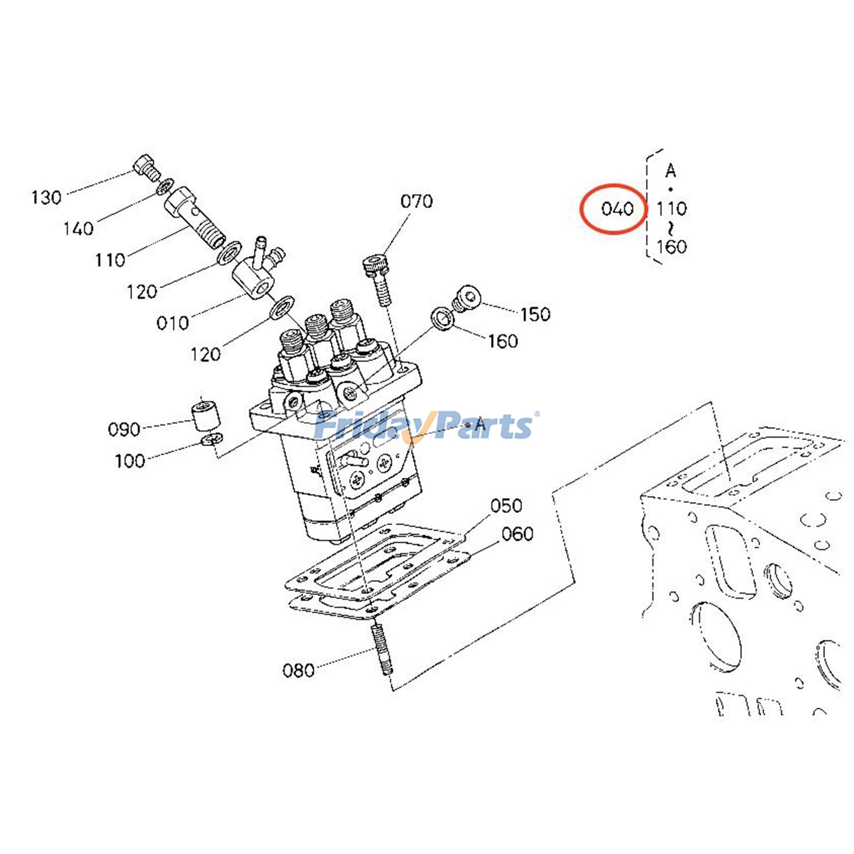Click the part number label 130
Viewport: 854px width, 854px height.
pos(46,197)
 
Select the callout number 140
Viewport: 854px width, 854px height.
pos(78,229)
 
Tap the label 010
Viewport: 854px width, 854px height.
pos(172,323)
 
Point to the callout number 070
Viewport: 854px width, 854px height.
pos(416,201)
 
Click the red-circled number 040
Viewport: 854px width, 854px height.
pos(617,208)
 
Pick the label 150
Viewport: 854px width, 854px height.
pos(535,314)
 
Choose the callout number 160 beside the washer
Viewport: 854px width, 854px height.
pos(503,341)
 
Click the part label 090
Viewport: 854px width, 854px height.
pos(124,429)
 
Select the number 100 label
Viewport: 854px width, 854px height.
pos(130,461)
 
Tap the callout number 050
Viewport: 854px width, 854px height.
pos(506,505)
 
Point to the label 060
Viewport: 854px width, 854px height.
pos(517,534)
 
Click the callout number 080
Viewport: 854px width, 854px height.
pos(298,670)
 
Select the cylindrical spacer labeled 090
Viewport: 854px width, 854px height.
pos(205,416)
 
